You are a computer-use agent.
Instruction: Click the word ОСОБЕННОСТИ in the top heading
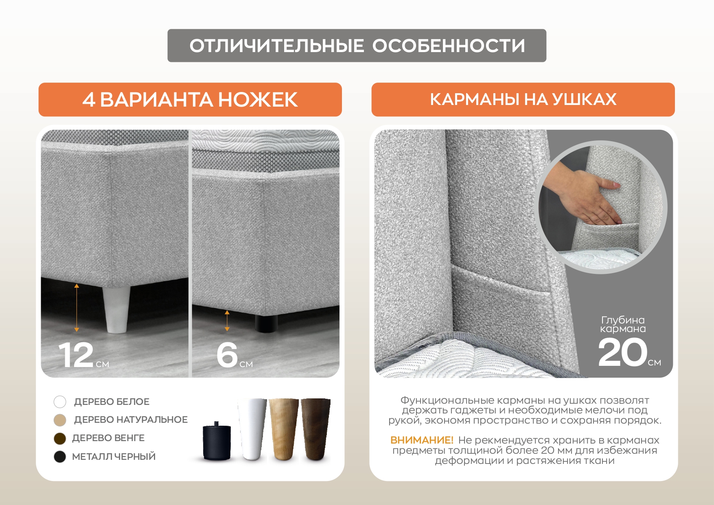(449, 46)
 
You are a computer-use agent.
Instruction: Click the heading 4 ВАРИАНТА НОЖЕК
(190, 100)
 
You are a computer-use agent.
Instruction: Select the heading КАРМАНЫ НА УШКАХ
(523, 99)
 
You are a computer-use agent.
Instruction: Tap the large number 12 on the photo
(76, 355)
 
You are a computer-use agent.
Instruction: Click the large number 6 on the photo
(227, 354)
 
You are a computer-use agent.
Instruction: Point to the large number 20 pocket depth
(622, 352)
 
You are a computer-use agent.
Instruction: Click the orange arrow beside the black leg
(227, 321)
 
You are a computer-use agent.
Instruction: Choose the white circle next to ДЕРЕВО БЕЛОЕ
(60, 402)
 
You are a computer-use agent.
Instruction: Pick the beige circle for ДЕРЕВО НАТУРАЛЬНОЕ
(60, 420)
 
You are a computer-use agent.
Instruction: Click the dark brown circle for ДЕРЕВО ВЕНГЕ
(60, 438)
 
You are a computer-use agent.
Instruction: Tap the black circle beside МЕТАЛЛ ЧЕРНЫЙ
(60, 457)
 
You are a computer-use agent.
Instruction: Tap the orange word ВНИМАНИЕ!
(422, 440)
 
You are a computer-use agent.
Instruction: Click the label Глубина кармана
(623, 325)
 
